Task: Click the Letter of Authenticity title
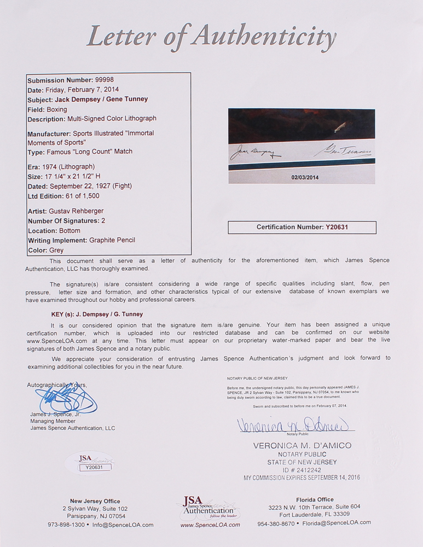tap(211, 37)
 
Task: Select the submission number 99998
tap(94, 80)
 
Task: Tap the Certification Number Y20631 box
tap(302, 227)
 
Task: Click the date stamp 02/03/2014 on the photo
tap(302, 177)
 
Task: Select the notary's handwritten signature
tap(295, 424)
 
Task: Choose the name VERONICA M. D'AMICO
tap(302, 446)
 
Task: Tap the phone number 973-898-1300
tap(66, 525)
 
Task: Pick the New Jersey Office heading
tap(95, 501)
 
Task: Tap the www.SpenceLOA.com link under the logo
tap(210, 525)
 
